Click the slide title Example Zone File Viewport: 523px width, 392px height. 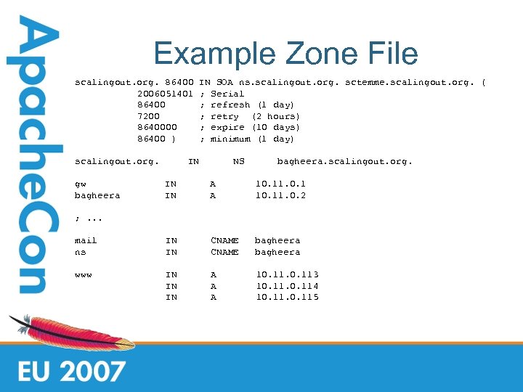point(285,54)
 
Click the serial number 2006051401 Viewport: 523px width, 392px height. point(165,94)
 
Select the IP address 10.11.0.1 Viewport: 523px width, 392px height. point(280,184)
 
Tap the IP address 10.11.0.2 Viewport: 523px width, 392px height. point(280,195)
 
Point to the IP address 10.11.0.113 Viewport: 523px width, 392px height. point(287,274)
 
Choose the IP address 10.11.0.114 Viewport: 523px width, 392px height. point(287,286)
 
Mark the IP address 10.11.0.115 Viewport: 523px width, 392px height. point(287,297)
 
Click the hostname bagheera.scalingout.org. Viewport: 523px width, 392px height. point(344,161)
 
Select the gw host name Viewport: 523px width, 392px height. point(81,184)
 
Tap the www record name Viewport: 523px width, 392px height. point(83,275)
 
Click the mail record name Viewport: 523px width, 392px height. point(86,240)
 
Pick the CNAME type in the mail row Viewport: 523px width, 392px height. point(224,240)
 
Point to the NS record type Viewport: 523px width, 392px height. point(238,161)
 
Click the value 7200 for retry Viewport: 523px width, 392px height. point(148,116)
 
